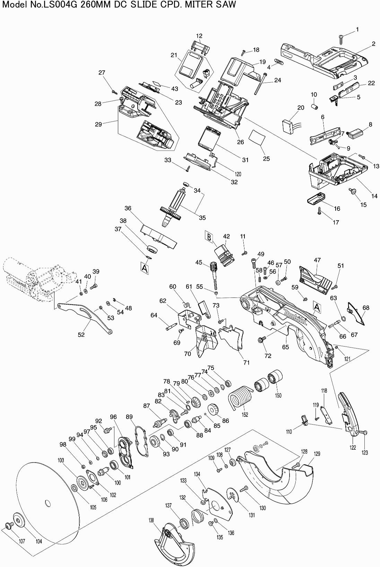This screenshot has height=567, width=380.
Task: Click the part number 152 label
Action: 245,415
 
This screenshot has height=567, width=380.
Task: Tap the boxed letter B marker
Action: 209,236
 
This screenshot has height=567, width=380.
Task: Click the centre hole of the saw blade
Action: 47,503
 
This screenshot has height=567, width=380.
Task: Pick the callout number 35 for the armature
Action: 202,218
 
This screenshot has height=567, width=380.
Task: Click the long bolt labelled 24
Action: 261,84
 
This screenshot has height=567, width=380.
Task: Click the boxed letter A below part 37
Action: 144,267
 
